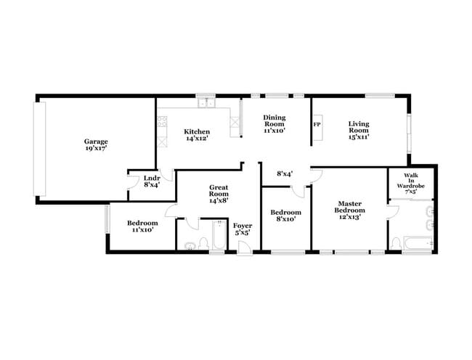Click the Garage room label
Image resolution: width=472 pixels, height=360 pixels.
96,144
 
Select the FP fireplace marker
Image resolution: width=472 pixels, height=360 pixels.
317,125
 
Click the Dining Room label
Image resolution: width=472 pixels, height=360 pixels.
274,124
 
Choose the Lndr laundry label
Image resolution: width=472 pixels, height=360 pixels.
151,181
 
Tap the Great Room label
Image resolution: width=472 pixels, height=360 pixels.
219,194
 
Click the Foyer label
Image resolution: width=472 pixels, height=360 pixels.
242,229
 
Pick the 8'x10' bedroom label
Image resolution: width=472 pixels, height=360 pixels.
285,216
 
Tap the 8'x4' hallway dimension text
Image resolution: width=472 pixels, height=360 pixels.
285,174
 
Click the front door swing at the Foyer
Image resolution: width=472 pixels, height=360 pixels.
245,247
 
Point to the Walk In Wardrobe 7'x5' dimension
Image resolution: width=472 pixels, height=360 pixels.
410,192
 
